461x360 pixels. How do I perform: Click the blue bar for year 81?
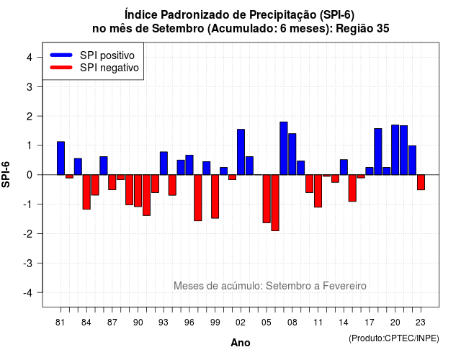tap(61, 158)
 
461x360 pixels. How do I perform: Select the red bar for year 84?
tap(86, 192)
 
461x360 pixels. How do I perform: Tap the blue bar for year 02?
tap(241, 152)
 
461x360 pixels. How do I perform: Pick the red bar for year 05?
tap(267, 199)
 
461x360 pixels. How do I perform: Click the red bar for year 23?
tap(421, 182)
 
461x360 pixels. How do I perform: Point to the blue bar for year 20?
tap(395, 150)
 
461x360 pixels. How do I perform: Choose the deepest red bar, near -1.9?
tap(275, 203)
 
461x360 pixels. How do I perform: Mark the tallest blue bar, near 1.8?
tap(284, 148)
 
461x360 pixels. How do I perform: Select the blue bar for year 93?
tap(164, 163)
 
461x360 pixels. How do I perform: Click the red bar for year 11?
tap(318, 191)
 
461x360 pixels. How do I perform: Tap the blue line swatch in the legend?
tap(61, 55)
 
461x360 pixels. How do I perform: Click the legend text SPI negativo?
tap(109, 68)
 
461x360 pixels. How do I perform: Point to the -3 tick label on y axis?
tap(28, 264)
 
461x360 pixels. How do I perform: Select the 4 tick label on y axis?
tap(30, 58)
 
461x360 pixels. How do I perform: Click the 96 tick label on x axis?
tap(189, 323)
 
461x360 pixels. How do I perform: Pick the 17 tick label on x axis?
tap(370, 323)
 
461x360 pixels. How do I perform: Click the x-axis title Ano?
tap(241, 343)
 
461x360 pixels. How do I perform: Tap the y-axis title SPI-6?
tap(6, 174)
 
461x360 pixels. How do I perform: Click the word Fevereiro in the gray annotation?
tap(344, 286)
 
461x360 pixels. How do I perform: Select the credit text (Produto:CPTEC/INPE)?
tap(394, 338)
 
